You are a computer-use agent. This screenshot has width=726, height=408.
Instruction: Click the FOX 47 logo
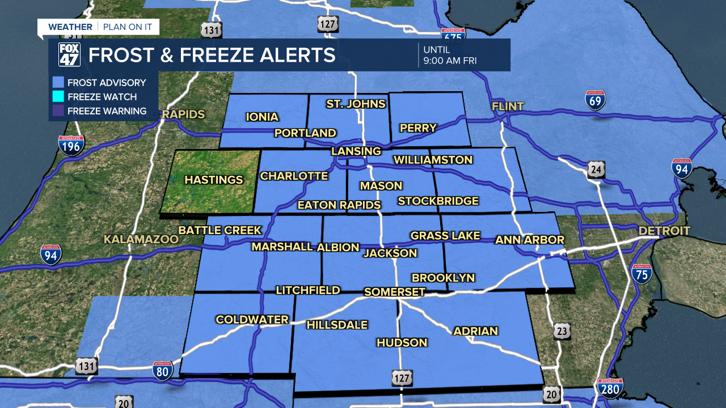click(x=70, y=55)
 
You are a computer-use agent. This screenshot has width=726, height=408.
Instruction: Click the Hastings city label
click(x=214, y=180)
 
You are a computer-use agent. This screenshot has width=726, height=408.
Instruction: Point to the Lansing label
click(x=356, y=151)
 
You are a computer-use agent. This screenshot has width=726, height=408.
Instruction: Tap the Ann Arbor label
click(x=530, y=240)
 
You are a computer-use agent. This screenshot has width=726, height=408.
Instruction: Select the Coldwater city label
click(x=252, y=320)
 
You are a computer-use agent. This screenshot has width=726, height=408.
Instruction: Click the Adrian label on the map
click(x=475, y=331)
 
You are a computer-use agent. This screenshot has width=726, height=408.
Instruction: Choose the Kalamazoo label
click(x=141, y=240)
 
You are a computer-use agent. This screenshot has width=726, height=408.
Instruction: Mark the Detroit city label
click(x=664, y=231)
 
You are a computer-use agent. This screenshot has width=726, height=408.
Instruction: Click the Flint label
click(x=508, y=107)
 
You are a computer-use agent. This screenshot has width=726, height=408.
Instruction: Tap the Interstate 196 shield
click(x=71, y=146)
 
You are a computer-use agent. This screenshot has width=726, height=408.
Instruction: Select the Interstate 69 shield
click(x=596, y=100)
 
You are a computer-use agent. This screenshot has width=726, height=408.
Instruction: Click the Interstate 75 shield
click(x=641, y=274)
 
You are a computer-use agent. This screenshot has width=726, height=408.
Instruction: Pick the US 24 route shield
click(x=596, y=169)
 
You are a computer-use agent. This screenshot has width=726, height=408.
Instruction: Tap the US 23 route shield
click(x=562, y=331)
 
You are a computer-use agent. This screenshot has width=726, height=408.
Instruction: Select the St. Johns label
click(x=356, y=104)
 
